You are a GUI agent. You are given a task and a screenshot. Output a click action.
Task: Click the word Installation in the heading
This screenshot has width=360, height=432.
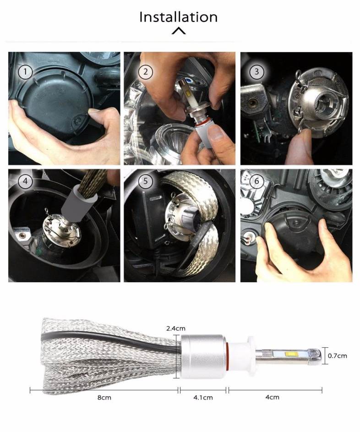tap(179, 17)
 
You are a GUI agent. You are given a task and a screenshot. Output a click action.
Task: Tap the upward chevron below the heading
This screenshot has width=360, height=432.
tap(179, 31)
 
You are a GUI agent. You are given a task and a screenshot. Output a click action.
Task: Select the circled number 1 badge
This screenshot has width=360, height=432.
tap(25, 72)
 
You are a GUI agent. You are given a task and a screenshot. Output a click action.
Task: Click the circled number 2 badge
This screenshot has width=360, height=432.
tap(145, 72)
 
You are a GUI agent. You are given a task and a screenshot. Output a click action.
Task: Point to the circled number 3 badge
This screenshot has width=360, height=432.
tap(256, 71)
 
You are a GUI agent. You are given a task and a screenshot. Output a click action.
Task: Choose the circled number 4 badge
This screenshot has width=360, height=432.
tap(25, 181)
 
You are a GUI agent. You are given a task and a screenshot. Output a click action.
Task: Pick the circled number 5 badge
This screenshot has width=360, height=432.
tap(145, 181)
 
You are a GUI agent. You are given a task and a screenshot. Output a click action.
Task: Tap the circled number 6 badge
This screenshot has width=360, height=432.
tap(256, 181)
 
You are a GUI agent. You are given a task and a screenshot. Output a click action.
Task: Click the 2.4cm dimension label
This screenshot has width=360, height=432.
tap(176, 328)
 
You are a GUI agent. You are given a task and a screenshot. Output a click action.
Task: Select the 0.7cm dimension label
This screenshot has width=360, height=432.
tap(337, 355)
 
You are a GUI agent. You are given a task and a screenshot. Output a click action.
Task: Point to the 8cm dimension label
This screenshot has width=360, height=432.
tap(104, 398)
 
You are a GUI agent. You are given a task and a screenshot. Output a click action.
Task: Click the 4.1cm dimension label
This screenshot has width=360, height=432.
tap(203, 398)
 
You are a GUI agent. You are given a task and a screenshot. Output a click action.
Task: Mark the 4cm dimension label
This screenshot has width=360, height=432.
tap(272, 397)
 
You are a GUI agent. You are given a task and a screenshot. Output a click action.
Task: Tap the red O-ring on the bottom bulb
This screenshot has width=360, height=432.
tap(227, 357)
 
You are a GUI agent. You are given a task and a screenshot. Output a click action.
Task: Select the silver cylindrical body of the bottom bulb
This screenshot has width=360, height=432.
tap(203, 357)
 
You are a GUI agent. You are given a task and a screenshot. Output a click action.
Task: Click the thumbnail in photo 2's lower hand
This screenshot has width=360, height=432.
tap(217, 134)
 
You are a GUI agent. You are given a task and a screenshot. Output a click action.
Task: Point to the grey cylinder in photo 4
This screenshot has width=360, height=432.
tap(78, 203)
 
